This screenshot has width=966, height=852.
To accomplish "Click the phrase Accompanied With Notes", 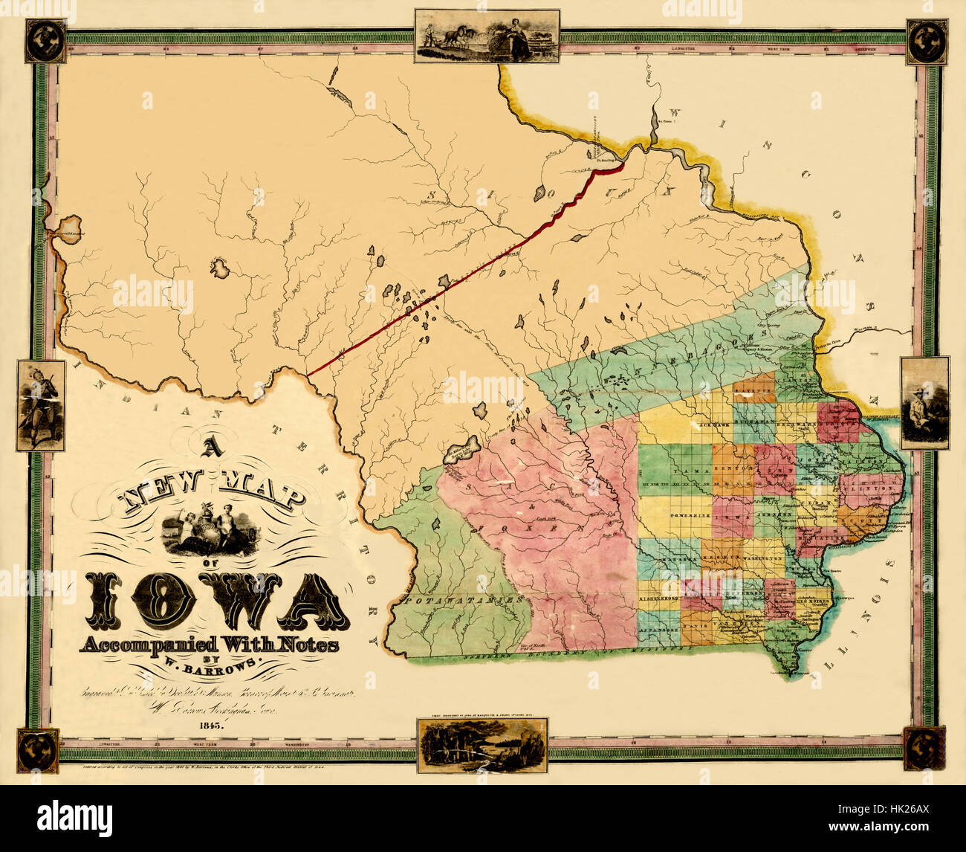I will (x=209, y=644).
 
